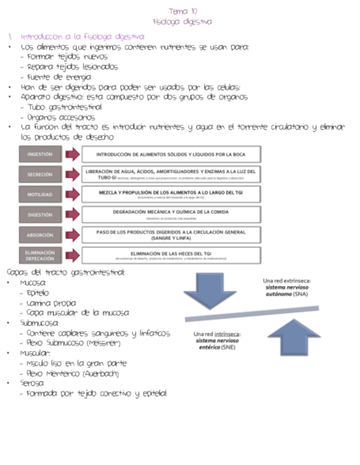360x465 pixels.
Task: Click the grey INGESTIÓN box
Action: pyautogui.click(x=40, y=154)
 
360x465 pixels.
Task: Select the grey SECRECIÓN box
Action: pyautogui.click(x=40, y=174)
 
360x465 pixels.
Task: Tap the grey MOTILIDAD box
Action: pyautogui.click(x=40, y=195)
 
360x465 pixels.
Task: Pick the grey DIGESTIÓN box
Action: pyautogui.click(x=40, y=215)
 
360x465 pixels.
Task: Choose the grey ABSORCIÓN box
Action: pyautogui.click(x=40, y=235)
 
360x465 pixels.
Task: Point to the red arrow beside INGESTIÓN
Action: pyautogui.click(x=72, y=154)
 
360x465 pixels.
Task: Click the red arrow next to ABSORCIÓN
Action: pyautogui.click(x=72, y=235)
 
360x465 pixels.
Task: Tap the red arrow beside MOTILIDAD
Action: pyautogui.click(x=72, y=195)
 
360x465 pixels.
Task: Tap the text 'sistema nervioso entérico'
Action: pyautogui.click(x=217, y=344)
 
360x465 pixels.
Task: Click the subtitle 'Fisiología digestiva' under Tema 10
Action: pyautogui.click(x=183, y=21)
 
